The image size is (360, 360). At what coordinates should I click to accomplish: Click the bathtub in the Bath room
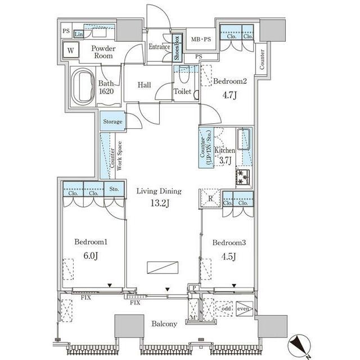83,87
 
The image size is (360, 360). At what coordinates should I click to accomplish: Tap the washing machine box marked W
71,50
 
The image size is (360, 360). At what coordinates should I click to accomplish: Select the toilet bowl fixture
184,74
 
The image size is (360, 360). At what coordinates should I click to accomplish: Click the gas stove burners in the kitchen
243,177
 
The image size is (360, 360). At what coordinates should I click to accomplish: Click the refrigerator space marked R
210,199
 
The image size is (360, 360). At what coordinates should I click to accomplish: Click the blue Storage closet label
112,121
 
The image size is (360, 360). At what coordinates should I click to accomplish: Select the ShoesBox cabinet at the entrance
177,48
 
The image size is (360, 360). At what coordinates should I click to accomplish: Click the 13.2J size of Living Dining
160,203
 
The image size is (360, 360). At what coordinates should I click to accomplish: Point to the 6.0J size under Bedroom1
91,255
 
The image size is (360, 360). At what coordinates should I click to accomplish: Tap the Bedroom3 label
229,242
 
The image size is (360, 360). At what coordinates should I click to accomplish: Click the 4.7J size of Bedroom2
229,95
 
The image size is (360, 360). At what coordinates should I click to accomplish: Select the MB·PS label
201,39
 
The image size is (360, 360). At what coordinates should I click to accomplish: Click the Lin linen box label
79,34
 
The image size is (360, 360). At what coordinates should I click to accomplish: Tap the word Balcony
164,324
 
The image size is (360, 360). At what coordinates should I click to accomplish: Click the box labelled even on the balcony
244,309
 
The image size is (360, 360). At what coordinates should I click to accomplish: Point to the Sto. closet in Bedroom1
114,189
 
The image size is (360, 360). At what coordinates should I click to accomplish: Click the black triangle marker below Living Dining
168,289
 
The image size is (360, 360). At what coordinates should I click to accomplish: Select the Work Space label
119,156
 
